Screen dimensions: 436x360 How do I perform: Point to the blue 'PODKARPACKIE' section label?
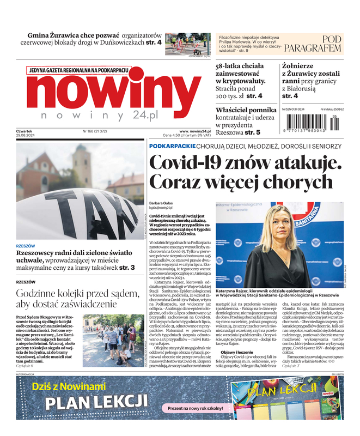tap(172, 146)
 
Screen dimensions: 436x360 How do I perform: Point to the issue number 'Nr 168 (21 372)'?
tap(95, 131)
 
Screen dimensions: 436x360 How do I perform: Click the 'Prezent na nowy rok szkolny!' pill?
tap(196, 408)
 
